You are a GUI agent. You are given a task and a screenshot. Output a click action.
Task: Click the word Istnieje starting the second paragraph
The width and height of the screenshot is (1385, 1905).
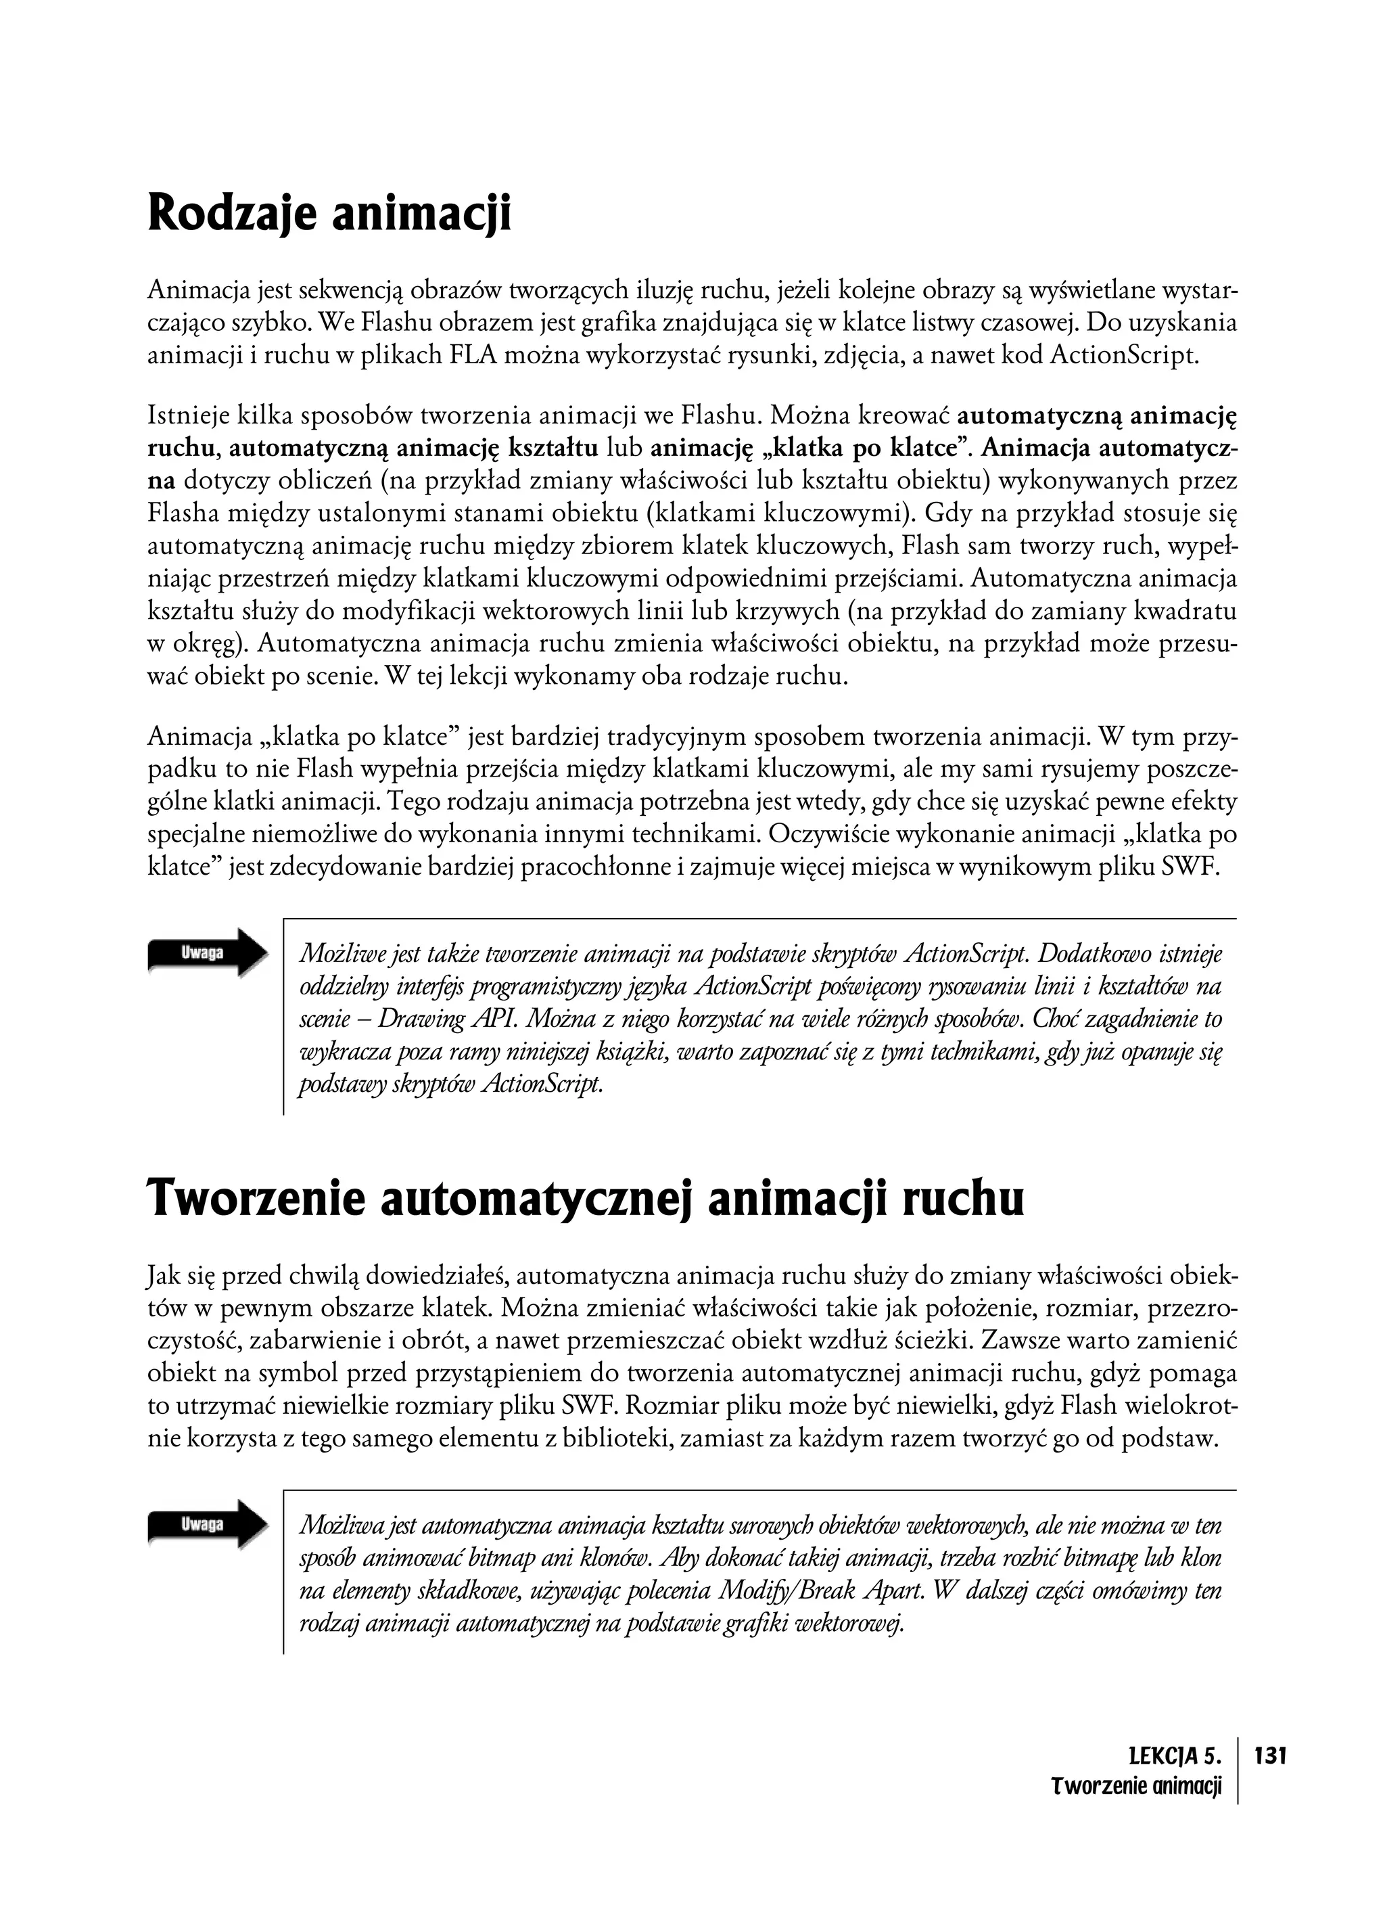(x=185, y=415)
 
